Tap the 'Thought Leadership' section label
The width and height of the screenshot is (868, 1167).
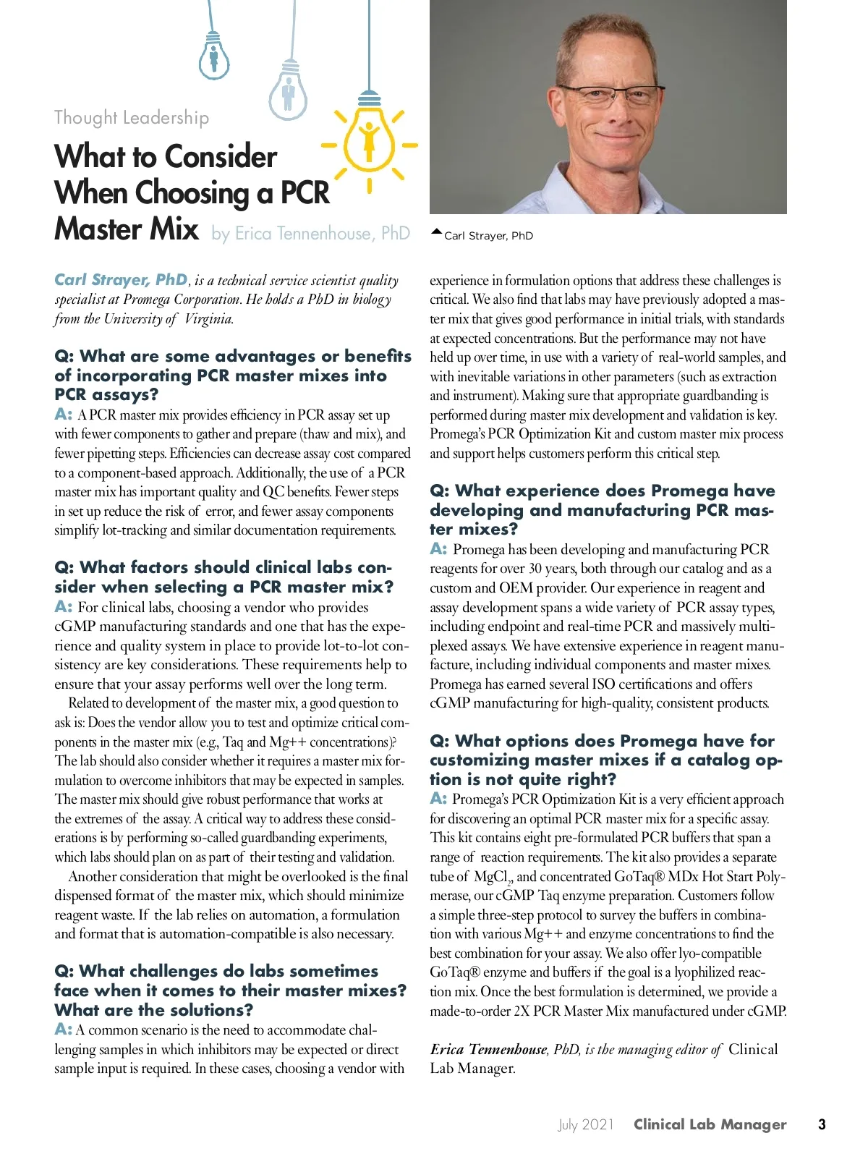pyautogui.click(x=132, y=117)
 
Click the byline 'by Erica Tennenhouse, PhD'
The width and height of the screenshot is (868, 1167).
pyautogui.click(x=310, y=233)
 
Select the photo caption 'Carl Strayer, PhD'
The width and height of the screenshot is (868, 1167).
pyautogui.click(x=488, y=236)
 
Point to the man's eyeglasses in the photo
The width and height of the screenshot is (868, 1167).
pyautogui.click(x=609, y=95)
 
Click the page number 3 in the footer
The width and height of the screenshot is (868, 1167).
pyautogui.click(x=821, y=1124)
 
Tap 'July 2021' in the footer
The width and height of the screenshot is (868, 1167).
pyautogui.click(x=585, y=1124)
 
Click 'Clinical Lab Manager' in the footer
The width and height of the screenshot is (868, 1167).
pyautogui.click(x=710, y=1124)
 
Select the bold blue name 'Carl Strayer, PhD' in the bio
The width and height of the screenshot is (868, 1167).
pyautogui.click(x=121, y=280)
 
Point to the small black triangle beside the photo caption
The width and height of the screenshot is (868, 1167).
pyautogui.click(x=435, y=232)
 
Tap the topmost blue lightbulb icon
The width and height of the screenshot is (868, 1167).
pyautogui.click(x=213, y=55)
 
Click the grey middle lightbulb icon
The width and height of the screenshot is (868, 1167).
pyautogui.click(x=288, y=90)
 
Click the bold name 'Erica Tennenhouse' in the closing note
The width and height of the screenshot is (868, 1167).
pyautogui.click(x=488, y=1049)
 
